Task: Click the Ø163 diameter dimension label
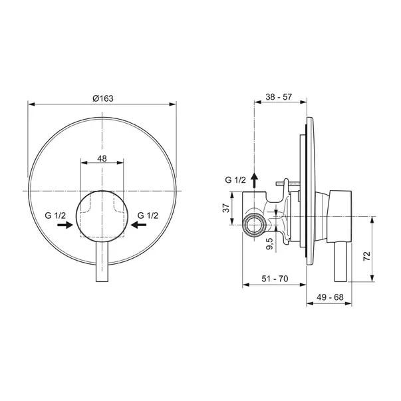click(x=103, y=98)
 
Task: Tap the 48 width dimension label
click(x=102, y=158)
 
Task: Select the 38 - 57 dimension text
click(x=279, y=97)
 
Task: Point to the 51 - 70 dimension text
click(x=275, y=279)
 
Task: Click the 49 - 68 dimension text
click(x=330, y=297)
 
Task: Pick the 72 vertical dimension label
click(x=366, y=256)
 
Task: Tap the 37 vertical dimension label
click(x=226, y=208)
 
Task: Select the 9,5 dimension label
click(x=269, y=243)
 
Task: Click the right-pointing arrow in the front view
click(x=65, y=225)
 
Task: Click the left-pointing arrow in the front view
click(x=138, y=225)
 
